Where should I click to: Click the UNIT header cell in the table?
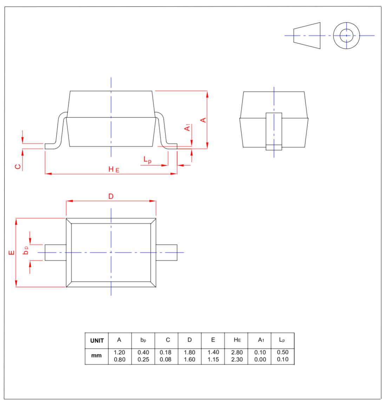tap(97, 340)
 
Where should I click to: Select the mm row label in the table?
tap(97, 356)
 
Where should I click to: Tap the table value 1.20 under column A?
tap(119, 352)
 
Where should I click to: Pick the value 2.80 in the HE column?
tap(237, 352)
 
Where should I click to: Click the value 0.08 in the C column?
tap(165, 360)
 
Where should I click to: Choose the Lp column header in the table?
tap(282, 340)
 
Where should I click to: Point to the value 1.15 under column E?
tap(213, 360)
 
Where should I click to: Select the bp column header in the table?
tap(143, 340)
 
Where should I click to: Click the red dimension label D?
tap(111, 196)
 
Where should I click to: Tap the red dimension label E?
tap(12, 252)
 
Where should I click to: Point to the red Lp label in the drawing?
tap(147, 160)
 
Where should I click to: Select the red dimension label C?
tap(18, 166)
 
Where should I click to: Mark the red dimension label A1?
tap(188, 127)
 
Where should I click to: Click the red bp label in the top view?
tap(26, 250)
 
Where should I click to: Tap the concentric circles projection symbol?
tap(346, 36)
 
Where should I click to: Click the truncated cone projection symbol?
tap(307, 36)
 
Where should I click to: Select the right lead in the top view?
tap(166, 252)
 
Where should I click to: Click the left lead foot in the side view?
tap(50, 146)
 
